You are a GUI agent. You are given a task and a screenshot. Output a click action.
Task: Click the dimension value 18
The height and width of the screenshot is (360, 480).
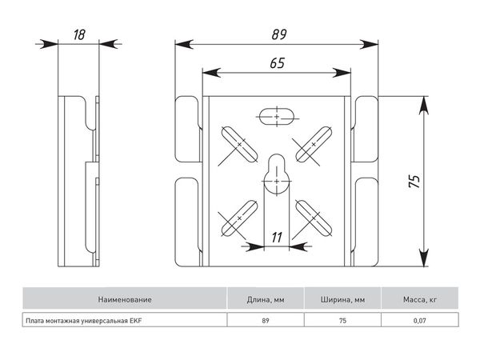[x=79, y=34]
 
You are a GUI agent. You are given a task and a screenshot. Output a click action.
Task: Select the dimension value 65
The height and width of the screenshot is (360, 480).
[x=277, y=63]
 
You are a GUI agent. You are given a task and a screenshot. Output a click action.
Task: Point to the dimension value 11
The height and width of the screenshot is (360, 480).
[x=277, y=237]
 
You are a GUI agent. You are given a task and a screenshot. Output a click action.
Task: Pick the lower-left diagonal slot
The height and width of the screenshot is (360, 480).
[x=238, y=216]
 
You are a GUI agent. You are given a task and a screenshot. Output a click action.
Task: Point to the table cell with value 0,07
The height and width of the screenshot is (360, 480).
[x=418, y=321]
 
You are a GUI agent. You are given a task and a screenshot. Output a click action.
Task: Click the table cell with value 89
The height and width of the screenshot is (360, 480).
[x=265, y=321]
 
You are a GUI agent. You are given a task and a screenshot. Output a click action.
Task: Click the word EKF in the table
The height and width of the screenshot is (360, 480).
[x=145, y=321]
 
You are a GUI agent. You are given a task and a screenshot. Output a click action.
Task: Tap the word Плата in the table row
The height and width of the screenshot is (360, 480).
[x=35, y=321]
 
